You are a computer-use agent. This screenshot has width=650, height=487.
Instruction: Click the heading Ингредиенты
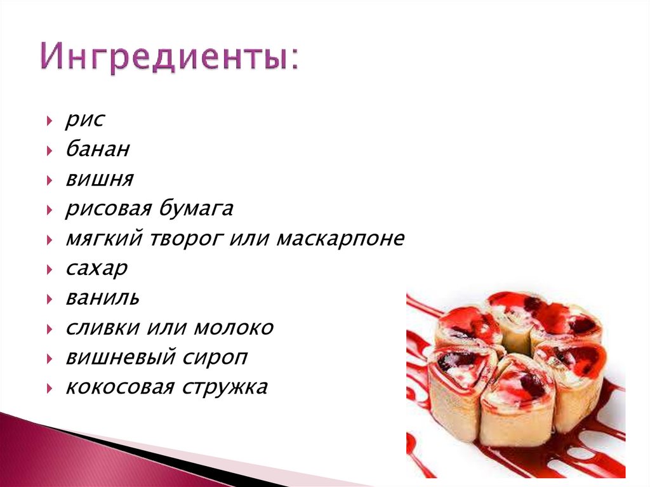tap(169, 60)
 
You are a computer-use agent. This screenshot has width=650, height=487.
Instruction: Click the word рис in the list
tap(84, 120)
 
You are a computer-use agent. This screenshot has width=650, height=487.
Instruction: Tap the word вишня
tap(99, 180)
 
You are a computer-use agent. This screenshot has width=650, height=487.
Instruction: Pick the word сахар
tap(96, 269)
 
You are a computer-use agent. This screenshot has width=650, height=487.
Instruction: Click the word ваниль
tap(102, 298)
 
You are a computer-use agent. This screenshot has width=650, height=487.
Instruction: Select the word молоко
tap(234, 328)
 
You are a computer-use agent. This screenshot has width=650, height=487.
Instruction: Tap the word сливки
tap(103, 328)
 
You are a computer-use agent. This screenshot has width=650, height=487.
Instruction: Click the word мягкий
tap(104, 239)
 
